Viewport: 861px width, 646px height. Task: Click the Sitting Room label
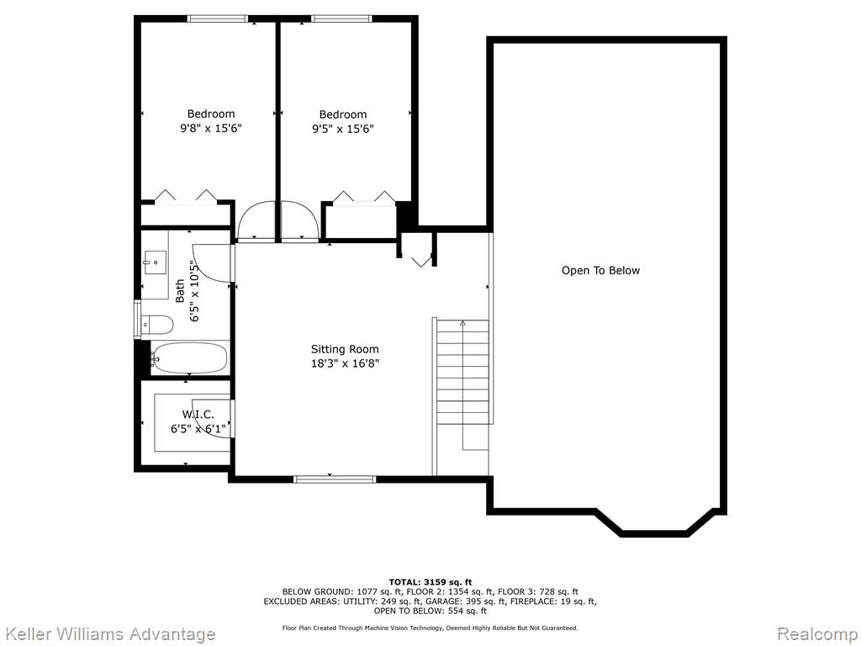[345, 349]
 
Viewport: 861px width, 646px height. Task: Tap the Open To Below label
[600, 270]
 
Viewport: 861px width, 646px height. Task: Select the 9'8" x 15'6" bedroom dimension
[211, 129]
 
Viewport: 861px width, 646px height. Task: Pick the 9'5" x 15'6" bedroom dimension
[343, 129]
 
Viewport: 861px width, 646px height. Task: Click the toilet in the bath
[157, 324]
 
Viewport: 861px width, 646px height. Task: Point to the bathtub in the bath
[188, 358]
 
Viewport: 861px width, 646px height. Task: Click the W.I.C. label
[198, 414]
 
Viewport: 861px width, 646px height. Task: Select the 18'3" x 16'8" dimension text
[345, 363]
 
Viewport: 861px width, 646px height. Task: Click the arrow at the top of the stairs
[462, 324]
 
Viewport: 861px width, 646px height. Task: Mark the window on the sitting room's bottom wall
[335, 479]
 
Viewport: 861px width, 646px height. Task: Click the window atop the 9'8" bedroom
[218, 19]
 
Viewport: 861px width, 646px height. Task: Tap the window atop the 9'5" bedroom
[341, 19]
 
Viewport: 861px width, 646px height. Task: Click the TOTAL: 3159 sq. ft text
[430, 582]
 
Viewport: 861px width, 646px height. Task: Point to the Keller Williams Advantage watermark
[108, 634]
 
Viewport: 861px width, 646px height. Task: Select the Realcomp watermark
[817, 634]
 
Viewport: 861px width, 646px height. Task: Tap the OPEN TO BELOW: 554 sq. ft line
[430, 611]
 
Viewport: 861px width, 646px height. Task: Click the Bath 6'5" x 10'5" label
[187, 290]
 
